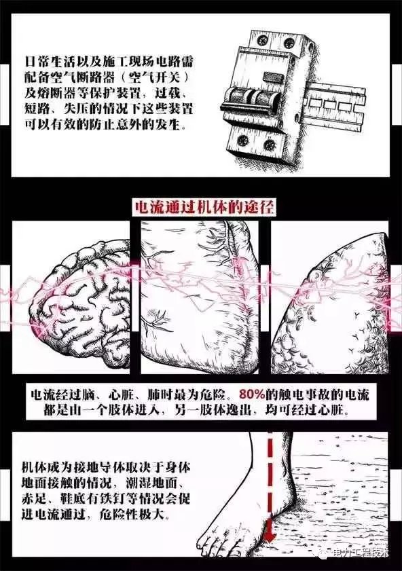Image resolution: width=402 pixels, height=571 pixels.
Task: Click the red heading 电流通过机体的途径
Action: [205, 208]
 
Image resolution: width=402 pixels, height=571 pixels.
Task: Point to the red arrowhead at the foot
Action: [270, 535]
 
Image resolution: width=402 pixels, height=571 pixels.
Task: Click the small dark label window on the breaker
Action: [272, 76]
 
